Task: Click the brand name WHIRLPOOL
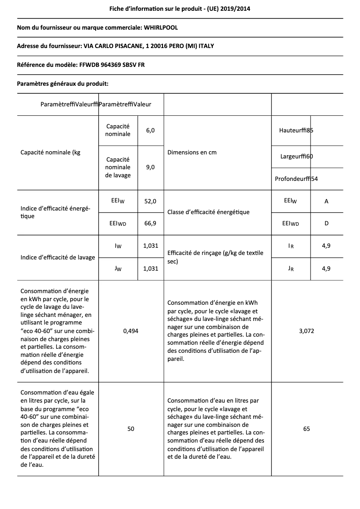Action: [x=161, y=28]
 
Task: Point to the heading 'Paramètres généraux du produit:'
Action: [x=62, y=83]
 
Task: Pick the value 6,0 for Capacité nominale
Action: [x=150, y=131]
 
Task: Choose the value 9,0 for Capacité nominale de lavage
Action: [x=150, y=167]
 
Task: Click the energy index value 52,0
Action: [x=150, y=202]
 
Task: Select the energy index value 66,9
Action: [x=150, y=224]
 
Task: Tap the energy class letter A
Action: [x=326, y=202]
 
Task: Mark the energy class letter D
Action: [x=326, y=224]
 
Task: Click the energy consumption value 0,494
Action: [x=131, y=331]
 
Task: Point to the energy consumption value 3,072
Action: [x=307, y=331]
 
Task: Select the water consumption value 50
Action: [x=131, y=429]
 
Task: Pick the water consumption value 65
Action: [x=307, y=429]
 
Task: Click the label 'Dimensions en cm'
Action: [x=192, y=153]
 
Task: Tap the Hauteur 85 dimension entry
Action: [x=296, y=131]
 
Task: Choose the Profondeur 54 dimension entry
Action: [x=296, y=179]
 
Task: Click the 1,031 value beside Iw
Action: [x=150, y=246]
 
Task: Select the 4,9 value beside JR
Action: [x=326, y=269]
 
